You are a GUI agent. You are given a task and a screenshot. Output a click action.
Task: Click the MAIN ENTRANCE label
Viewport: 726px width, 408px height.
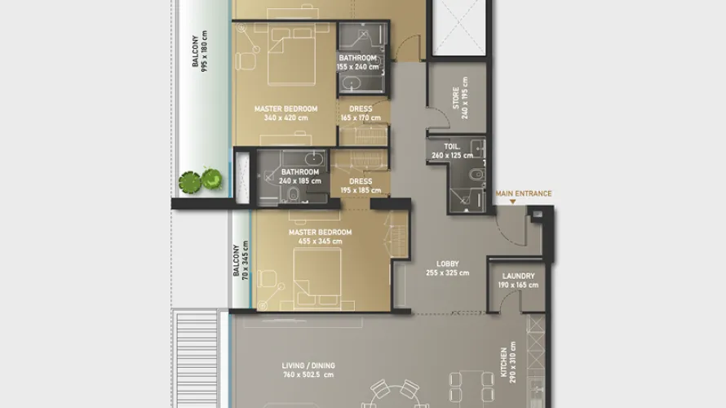(524, 194)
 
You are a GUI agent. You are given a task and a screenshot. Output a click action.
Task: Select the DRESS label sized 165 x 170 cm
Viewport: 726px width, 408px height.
(360, 109)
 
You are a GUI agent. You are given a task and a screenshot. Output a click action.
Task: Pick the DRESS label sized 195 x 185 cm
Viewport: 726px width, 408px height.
(360, 181)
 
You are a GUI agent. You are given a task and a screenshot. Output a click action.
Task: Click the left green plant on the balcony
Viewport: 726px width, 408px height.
(190, 180)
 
